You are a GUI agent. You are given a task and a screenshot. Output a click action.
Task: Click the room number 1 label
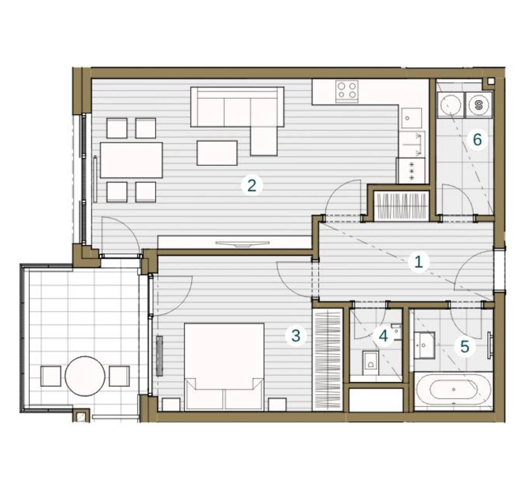[419, 262]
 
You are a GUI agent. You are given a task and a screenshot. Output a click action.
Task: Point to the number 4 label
[383, 336]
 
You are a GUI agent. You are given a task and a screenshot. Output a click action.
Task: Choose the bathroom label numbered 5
[465, 346]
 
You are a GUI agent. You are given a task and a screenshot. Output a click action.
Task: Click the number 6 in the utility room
[477, 140]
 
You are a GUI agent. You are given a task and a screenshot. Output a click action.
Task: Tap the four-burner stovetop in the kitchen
[347, 91]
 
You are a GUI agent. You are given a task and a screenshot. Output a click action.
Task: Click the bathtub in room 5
[454, 390]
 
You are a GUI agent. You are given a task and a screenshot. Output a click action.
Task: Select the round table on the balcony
[85, 376]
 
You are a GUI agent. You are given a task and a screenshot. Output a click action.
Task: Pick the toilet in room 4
[370, 363]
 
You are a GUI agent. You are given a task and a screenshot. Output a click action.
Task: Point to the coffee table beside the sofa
[217, 153]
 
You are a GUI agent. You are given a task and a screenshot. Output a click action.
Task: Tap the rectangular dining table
[131, 160]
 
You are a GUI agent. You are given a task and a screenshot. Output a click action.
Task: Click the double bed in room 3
[224, 367]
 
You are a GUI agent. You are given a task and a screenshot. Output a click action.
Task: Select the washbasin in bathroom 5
[424, 345]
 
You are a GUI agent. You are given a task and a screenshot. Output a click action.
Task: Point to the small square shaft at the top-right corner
[491, 81]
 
